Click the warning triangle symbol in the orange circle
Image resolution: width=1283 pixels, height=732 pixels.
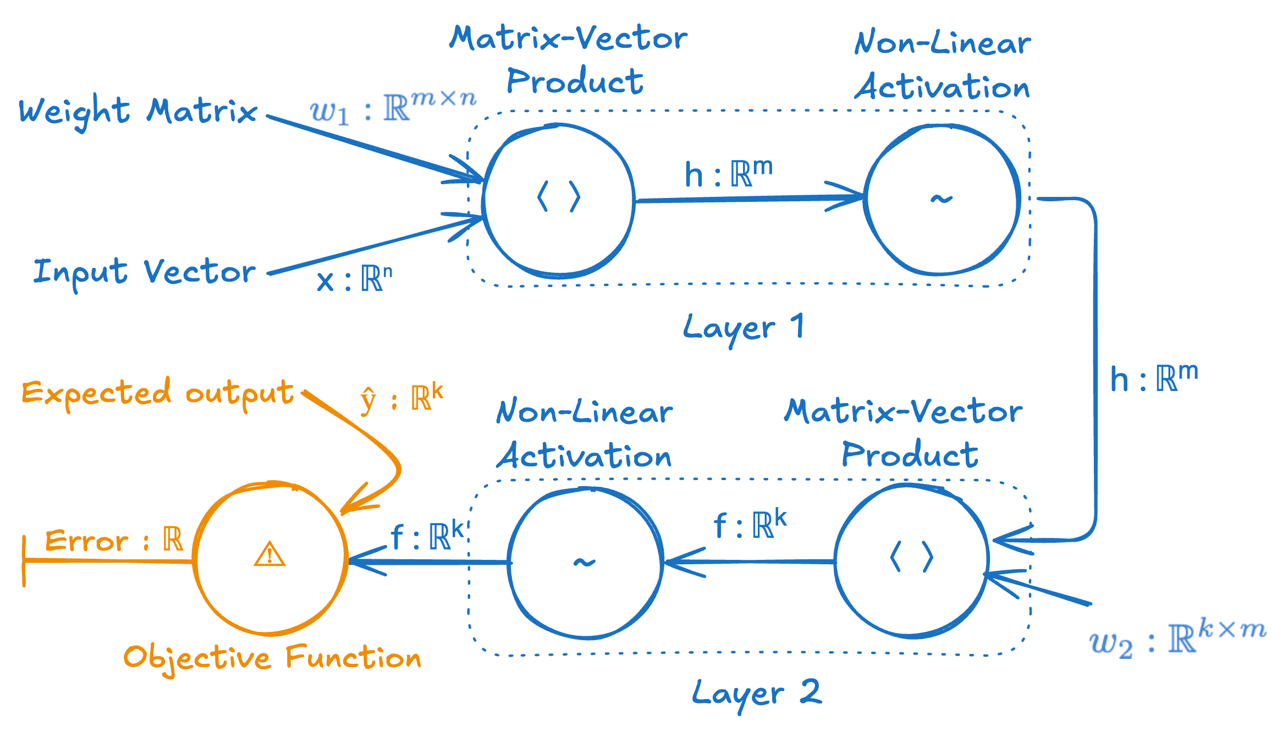269,554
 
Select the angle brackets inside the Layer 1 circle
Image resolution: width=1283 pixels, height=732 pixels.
559,197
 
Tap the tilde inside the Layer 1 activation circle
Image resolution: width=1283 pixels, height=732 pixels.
941,199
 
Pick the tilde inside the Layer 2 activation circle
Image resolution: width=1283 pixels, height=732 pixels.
584,562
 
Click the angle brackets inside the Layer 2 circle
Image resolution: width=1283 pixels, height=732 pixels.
912,557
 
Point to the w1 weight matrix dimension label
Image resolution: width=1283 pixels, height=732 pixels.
393,107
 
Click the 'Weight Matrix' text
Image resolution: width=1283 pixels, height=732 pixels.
138,112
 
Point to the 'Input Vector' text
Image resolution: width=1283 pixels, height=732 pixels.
145,272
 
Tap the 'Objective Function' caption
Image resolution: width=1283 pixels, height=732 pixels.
272,658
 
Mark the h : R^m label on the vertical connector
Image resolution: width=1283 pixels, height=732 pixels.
1153,378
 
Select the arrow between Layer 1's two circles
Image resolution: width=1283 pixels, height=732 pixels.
748,199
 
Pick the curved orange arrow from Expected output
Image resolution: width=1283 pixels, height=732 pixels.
379,445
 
